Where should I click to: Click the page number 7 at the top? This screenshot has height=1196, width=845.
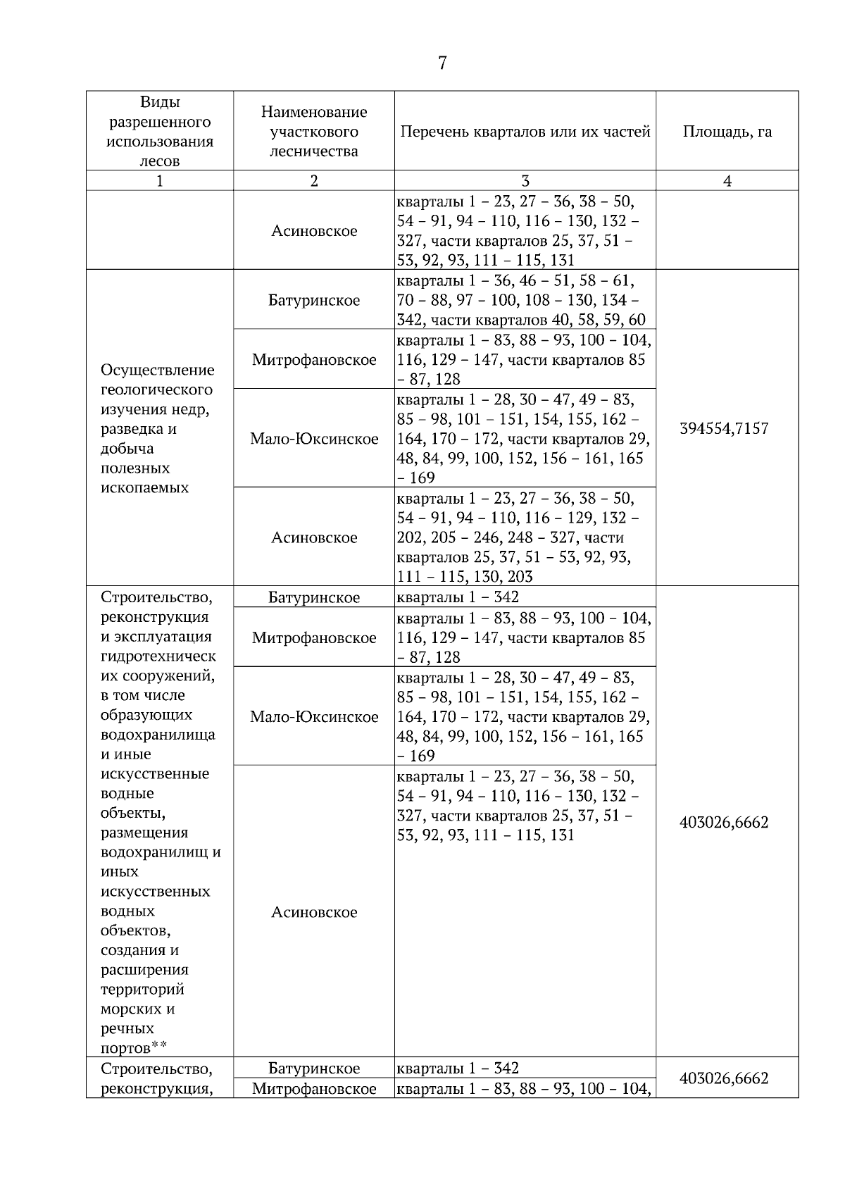coord(442,63)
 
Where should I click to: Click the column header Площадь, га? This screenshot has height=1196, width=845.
coord(727,132)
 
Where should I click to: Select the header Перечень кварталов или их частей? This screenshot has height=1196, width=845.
coord(525,132)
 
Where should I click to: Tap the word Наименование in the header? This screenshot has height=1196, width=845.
coord(314,112)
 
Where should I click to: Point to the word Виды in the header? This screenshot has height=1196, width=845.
coord(160,102)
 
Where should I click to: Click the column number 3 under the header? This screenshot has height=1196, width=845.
coord(525,181)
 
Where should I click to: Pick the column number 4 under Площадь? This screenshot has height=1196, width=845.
coord(727,181)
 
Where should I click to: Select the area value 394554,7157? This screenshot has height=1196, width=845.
coord(724,428)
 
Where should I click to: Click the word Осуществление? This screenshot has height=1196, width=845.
coord(158,370)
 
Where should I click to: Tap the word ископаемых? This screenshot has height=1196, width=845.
coord(144,487)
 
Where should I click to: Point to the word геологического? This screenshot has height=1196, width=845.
coord(156,390)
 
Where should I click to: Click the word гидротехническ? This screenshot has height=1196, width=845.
coord(158,656)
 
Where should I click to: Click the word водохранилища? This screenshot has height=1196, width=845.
coord(158,735)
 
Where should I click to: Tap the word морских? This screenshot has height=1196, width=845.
coord(137,1009)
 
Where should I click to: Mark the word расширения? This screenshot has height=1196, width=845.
coord(144,969)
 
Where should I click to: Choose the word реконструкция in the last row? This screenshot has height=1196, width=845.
coord(157,1089)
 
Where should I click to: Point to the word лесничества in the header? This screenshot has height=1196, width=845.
coord(314,151)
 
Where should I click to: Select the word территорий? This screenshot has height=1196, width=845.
coord(142,989)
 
